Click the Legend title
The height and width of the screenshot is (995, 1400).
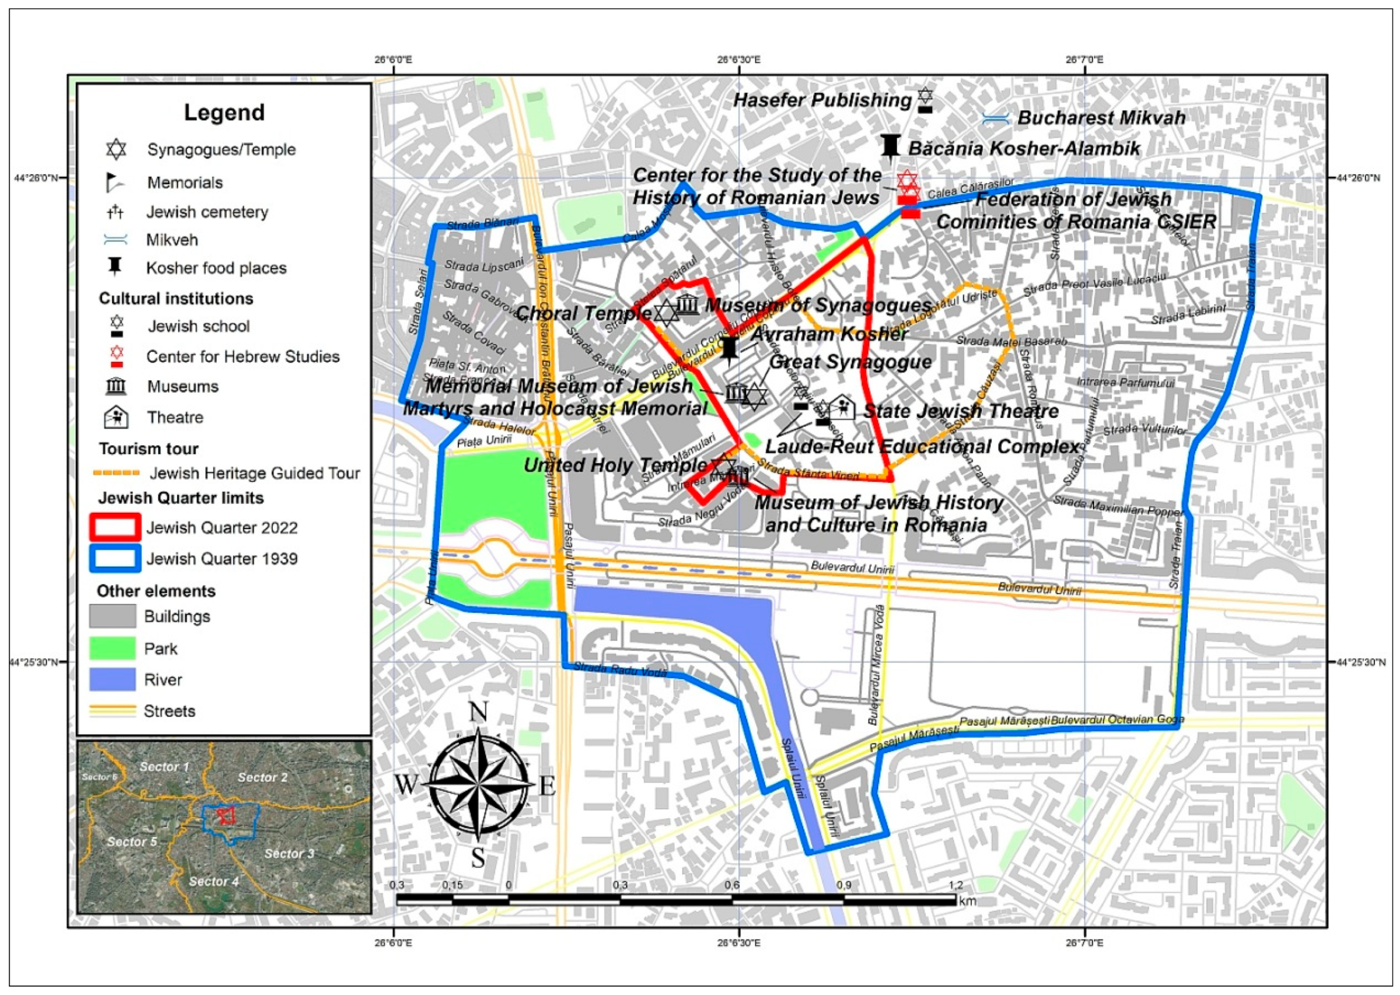point(224,113)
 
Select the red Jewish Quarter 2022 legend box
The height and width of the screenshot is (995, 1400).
point(115,527)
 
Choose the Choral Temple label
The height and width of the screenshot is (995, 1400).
point(583,313)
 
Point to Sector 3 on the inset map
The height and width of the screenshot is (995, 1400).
point(289,853)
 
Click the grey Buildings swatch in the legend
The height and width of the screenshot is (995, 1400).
point(112,616)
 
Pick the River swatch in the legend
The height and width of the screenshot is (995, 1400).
point(112,680)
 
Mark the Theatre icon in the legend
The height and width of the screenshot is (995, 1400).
point(116,417)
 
